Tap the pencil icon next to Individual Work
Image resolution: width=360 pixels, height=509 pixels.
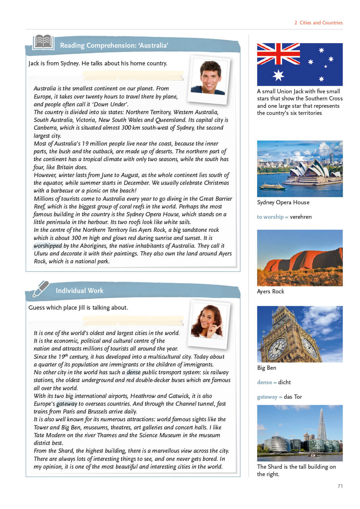pos(41,288)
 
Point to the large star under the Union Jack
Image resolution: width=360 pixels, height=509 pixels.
pos(278,75)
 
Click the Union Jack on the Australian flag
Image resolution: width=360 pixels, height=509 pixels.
pos(278,54)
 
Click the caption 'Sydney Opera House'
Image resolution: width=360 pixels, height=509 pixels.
pos(283,203)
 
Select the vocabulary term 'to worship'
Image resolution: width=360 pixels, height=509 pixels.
pos(270,217)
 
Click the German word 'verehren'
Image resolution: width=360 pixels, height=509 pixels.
pos(301,217)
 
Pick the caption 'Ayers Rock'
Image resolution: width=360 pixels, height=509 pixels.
pos(271,292)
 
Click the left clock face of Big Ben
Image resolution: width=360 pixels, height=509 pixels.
pos(277,348)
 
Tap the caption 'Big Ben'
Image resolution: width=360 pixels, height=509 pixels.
pos(267,368)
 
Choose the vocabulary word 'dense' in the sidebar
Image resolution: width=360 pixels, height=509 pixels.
pos(265,382)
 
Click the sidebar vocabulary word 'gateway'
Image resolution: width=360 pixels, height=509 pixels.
pos(267,397)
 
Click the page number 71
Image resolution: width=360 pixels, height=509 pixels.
pos(340,486)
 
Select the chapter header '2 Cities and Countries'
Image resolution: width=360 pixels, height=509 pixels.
pos(318,23)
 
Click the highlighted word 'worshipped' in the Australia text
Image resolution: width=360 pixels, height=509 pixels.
pos(48,246)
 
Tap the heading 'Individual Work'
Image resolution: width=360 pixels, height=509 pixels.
pos(80,291)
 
